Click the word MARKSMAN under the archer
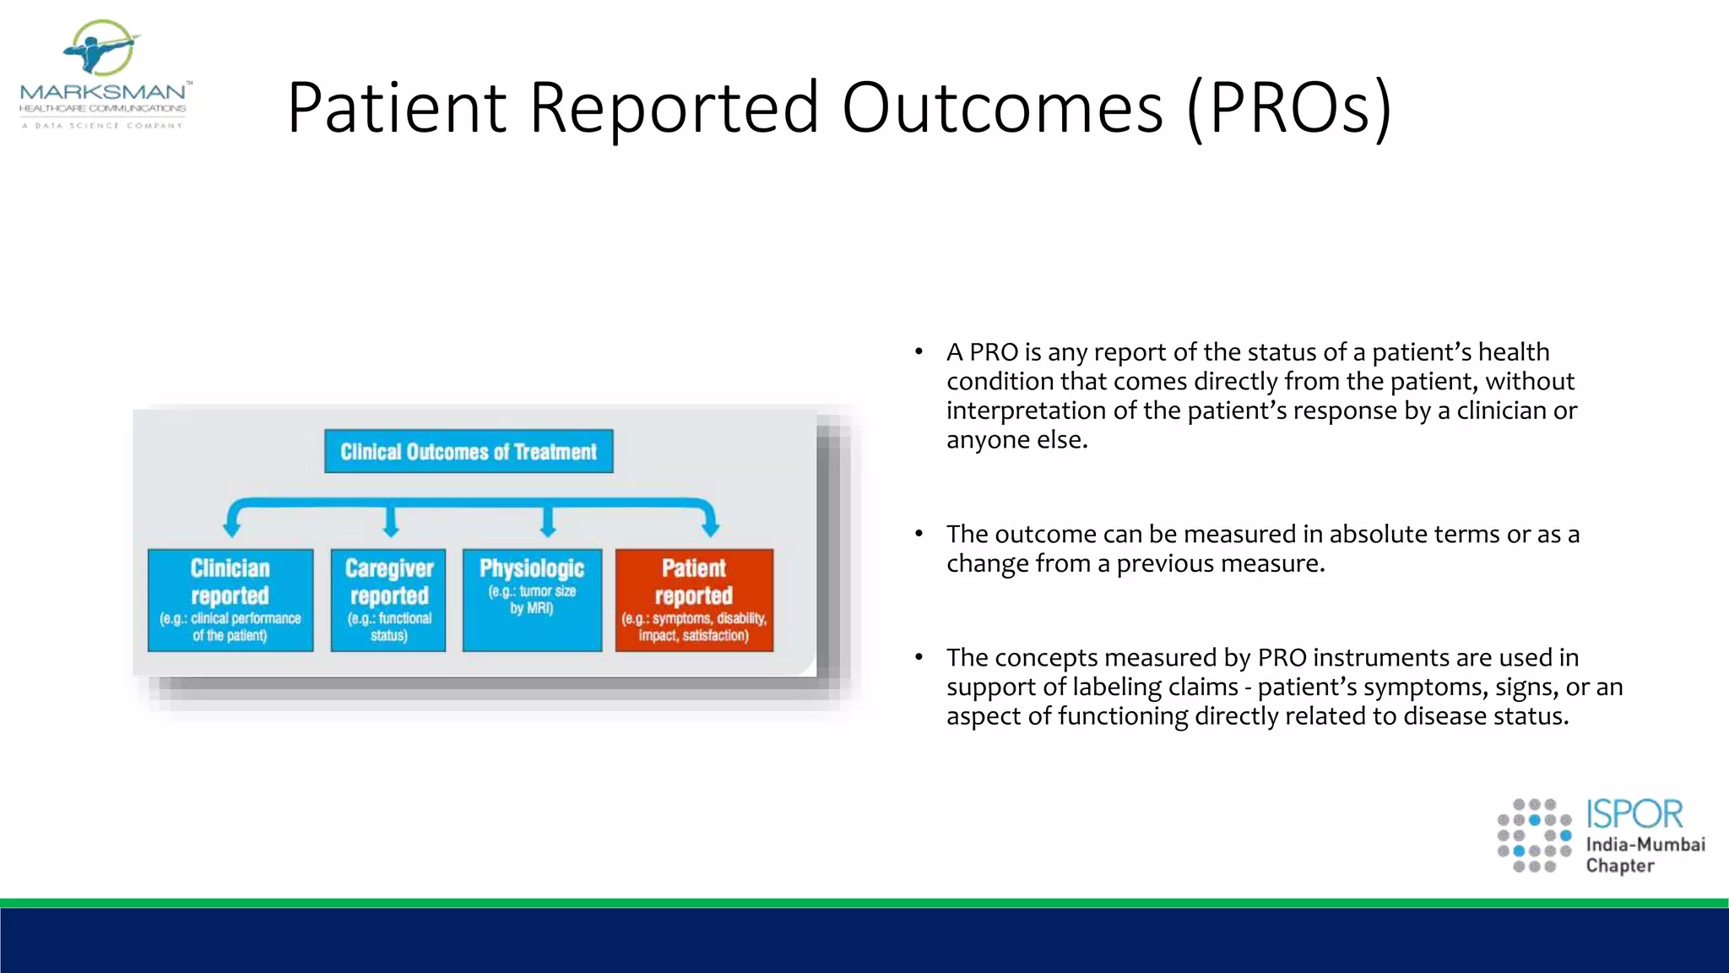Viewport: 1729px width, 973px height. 103,92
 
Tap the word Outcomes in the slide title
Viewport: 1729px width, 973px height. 1003,108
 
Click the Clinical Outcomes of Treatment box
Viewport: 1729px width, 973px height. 469,452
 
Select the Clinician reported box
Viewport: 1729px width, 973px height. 230,600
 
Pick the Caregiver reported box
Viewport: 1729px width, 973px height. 388,600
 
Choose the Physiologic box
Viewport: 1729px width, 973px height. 532,600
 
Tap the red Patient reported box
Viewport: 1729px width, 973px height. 694,600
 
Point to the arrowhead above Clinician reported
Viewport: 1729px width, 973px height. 231,530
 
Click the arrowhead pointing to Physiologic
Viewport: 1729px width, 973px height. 548,530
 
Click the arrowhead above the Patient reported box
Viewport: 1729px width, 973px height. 711,530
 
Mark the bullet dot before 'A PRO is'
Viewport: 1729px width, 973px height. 919,351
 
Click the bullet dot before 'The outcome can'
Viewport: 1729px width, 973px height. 919,534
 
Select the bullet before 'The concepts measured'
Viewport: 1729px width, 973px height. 919,657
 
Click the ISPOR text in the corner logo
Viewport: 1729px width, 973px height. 1634,814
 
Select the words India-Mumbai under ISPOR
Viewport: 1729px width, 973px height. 1645,845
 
